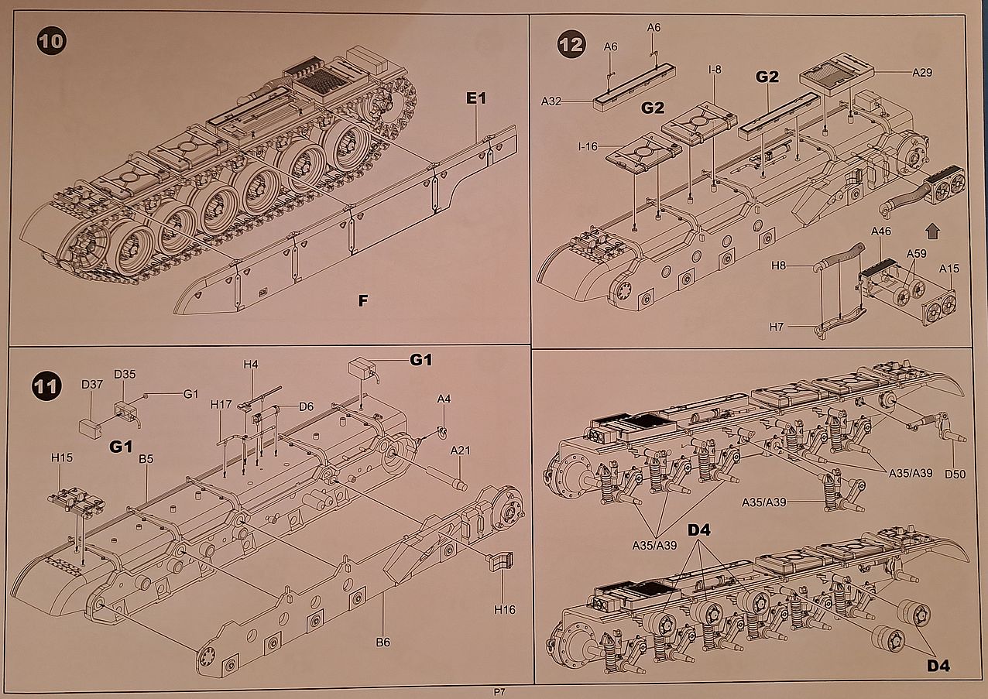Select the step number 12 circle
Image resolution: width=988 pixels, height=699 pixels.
tap(571, 45)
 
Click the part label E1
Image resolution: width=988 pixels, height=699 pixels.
tap(475, 99)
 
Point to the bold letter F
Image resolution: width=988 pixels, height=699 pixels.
tap(362, 301)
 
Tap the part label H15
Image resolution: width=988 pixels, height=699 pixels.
tap(62, 458)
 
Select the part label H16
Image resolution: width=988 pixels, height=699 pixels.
tap(504, 610)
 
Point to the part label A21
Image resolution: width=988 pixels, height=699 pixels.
tap(460, 451)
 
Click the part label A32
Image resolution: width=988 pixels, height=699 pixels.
tap(551, 101)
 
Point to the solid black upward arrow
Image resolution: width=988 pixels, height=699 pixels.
tap(932, 230)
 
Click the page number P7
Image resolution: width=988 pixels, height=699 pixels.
tap(499, 691)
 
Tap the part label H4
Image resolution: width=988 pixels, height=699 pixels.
tap(250, 363)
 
